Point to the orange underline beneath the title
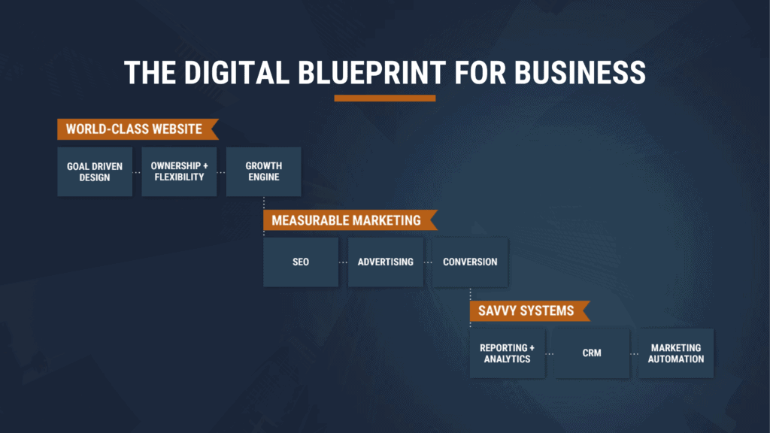385,98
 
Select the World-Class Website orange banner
135,129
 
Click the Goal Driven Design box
95,171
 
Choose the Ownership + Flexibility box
179,171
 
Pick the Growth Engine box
263,171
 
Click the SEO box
301,262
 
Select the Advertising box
385,262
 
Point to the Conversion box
470,262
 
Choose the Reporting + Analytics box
508,353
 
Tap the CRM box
592,353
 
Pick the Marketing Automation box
676,353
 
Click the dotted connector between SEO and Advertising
343,262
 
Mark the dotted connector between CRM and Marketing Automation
634,353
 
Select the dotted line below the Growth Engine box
264,203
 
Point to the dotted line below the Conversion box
470,294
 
